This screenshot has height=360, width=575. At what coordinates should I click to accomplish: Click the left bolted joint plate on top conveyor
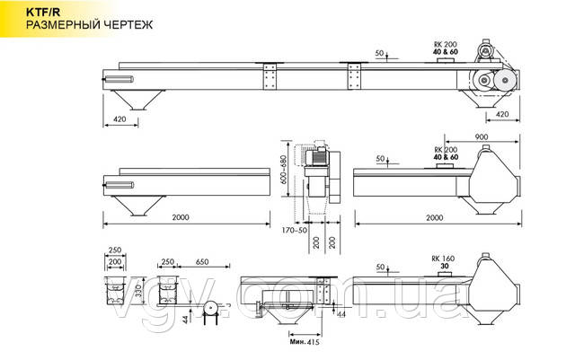(x=267, y=77)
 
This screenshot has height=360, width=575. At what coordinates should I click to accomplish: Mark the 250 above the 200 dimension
(x=113, y=250)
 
